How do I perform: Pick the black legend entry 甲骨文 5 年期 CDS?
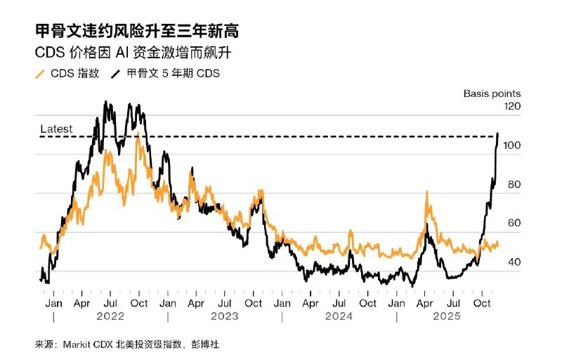click(166, 73)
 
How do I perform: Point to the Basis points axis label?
click(492, 93)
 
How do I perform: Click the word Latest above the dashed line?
click(57, 129)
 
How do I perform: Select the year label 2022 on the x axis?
click(110, 317)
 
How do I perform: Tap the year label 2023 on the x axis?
click(224, 317)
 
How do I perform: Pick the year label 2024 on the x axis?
click(339, 317)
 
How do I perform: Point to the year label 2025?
click(446, 317)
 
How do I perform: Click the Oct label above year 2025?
click(483, 303)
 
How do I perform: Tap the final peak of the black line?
click(498, 133)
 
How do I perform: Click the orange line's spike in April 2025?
click(426, 192)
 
